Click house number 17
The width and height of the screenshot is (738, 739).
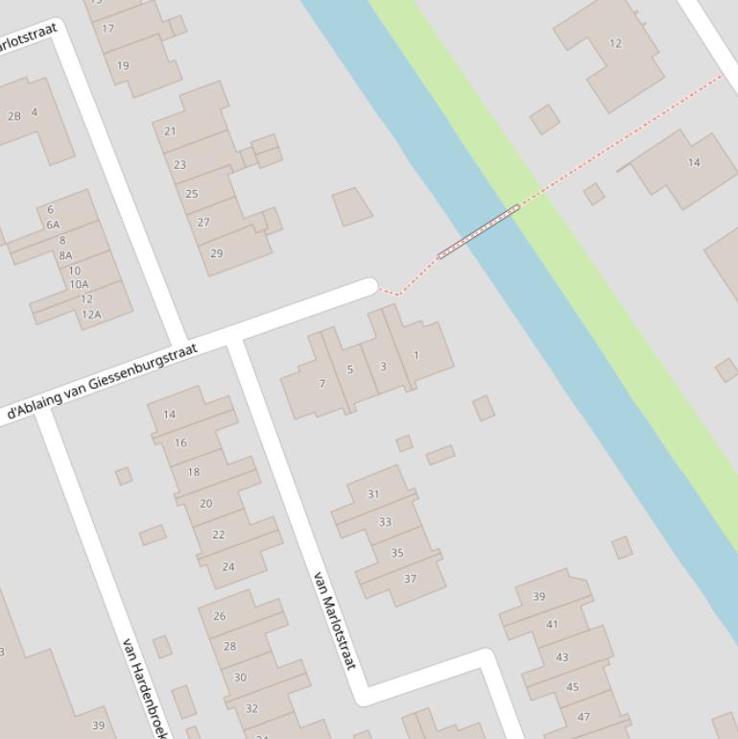(108, 29)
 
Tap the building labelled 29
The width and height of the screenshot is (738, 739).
(216, 253)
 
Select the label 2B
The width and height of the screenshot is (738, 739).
(14, 116)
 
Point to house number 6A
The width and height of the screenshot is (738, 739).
(53, 225)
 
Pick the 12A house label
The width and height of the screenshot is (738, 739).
(91, 314)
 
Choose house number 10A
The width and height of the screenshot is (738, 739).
(79, 284)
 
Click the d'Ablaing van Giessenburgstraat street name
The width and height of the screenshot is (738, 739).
(102, 382)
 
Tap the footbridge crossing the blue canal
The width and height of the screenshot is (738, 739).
(479, 231)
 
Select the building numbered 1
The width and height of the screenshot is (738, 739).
(417, 355)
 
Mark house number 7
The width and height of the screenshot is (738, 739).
(322, 384)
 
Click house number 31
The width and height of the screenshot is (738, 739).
(373, 494)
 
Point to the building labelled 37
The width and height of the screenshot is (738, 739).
(410, 579)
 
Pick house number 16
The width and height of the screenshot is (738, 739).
(180, 442)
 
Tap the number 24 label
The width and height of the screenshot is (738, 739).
(228, 566)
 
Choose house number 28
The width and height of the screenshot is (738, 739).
(229, 646)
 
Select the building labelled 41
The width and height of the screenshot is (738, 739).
(552, 624)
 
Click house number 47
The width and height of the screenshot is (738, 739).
(583, 716)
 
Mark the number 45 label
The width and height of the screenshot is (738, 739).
(573, 687)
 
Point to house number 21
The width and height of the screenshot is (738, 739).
(170, 131)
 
